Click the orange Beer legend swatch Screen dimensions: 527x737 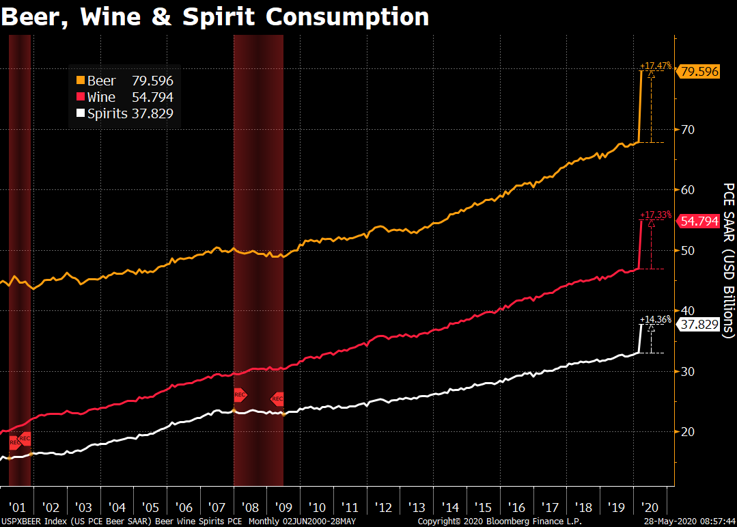click(x=81, y=81)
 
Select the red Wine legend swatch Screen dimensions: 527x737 click(x=81, y=97)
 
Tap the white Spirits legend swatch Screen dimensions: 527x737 click(x=81, y=113)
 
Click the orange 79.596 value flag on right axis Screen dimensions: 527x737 click(x=698, y=70)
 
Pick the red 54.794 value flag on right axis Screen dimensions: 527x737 click(x=698, y=221)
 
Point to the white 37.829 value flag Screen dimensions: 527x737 click(x=698, y=325)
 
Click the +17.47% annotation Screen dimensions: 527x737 click(x=655, y=66)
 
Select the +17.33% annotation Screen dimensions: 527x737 click(x=655, y=215)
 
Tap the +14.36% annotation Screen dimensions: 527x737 click(x=655, y=319)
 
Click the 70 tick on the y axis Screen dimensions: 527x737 click(x=686, y=129)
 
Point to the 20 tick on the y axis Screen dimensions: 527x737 click(x=686, y=431)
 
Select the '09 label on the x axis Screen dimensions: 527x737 click(x=284, y=507)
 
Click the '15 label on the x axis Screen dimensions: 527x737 click(x=484, y=507)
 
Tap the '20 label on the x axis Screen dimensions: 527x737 click(x=650, y=507)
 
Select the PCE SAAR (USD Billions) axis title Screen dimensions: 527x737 click(x=728, y=260)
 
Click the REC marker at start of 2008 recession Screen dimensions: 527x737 click(x=240, y=394)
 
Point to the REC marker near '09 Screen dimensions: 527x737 click(x=277, y=399)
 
